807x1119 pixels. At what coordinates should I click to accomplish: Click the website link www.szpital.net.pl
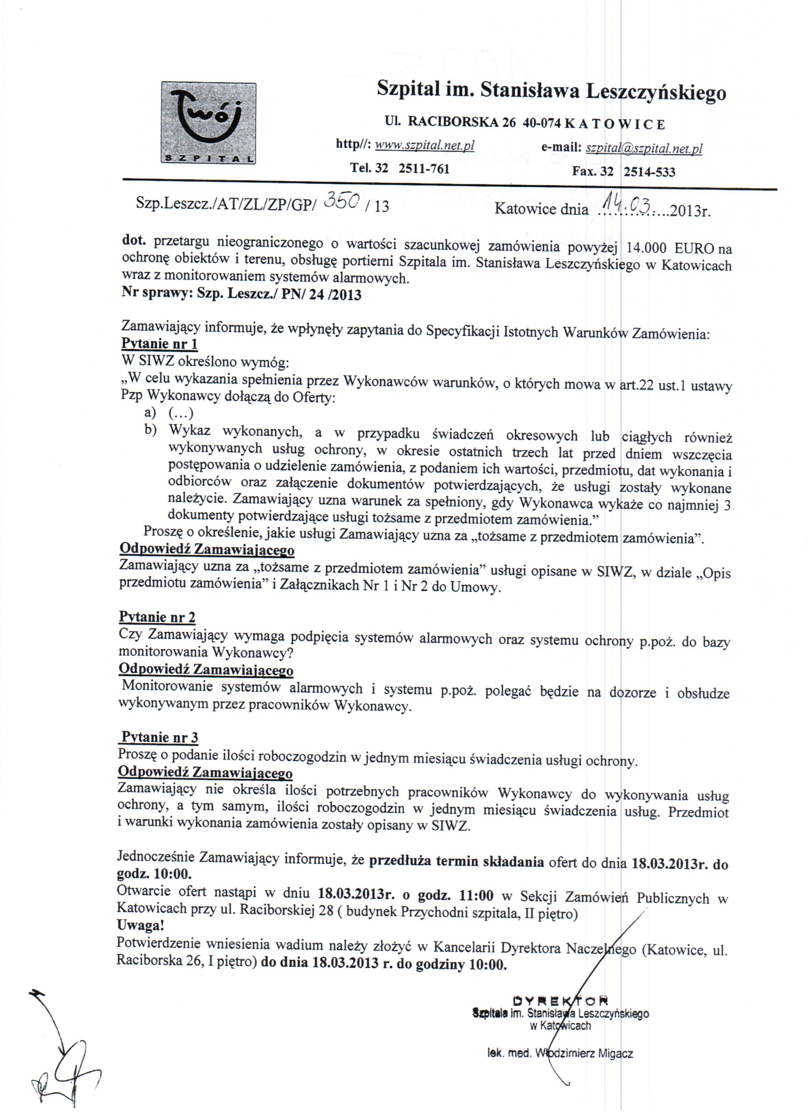pyautogui.click(x=424, y=145)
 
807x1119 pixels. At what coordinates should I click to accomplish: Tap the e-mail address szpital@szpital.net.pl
pyautogui.click(x=644, y=148)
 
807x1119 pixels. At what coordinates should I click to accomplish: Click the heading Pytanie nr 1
pyautogui.click(x=159, y=343)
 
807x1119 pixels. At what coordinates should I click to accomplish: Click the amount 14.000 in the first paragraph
pyautogui.click(x=647, y=248)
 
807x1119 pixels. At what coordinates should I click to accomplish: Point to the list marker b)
pyautogui.click(x=150, y=430)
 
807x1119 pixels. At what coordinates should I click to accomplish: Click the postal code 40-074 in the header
pyautogui.click(x=541, y=123)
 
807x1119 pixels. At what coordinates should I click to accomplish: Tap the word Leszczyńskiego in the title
pyautogui.click(x=656, y=92)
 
